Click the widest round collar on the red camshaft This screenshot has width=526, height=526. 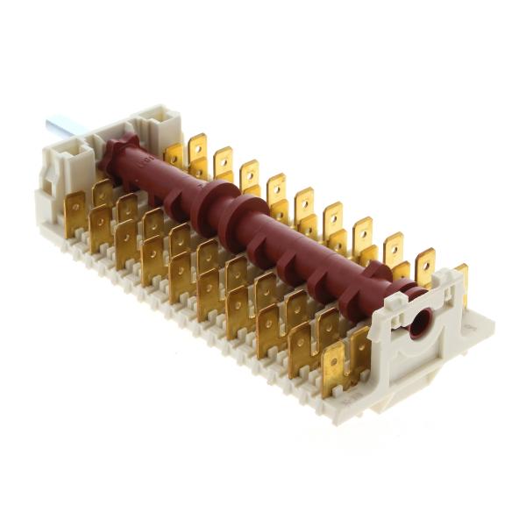[x=213, y=210]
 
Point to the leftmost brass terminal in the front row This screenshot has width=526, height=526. [x=76, y=214]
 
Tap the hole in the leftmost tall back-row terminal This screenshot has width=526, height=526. [x=198, y=142]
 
